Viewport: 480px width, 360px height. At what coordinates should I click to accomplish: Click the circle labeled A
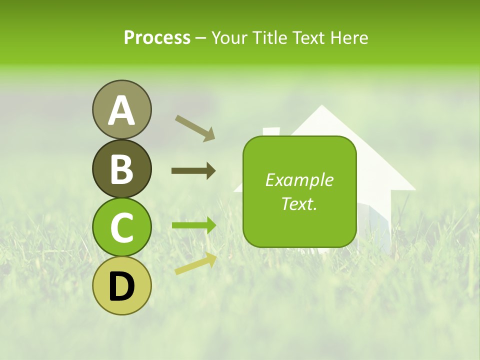point(121,109)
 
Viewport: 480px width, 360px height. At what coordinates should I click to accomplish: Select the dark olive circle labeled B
point(121,168)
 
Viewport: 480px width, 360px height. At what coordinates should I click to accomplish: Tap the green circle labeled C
point(121,227)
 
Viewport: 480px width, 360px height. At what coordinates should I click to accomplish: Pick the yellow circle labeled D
point(121,285)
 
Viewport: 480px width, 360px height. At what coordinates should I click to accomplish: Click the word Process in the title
point(157,37)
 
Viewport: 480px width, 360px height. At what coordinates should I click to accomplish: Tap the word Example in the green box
point(299,180)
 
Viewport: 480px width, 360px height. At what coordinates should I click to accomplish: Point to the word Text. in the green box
point(299,203)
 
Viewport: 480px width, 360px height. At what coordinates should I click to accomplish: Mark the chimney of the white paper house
point(271,131)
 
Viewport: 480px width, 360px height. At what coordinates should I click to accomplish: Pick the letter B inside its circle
point(121,168)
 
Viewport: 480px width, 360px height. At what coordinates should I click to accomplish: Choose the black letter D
point(121,286)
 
